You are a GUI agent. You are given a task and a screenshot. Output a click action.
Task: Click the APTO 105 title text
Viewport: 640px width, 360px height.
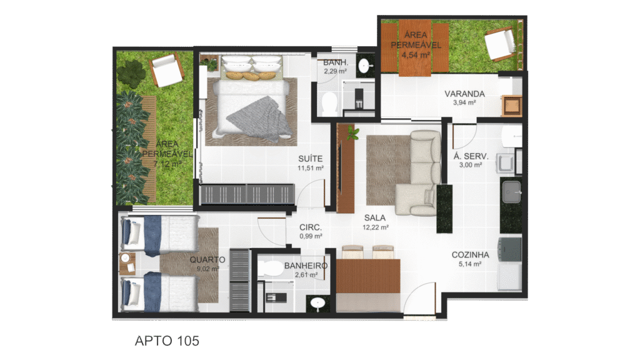tap(167, 341)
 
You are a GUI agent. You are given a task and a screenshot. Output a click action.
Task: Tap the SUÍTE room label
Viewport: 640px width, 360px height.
tap(310, 159)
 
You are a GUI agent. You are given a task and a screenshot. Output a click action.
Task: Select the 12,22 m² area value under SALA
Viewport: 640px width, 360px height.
tap(376, 227)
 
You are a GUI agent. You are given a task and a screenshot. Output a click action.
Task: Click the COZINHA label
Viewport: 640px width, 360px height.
tap(470, 255)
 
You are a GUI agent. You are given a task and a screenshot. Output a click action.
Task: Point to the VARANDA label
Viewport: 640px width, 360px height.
tap(464, 94)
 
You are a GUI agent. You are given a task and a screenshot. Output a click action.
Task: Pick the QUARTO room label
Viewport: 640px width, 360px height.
tap(207, 259)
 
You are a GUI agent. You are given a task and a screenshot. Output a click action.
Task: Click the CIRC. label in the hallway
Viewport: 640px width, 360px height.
tap(311, 227)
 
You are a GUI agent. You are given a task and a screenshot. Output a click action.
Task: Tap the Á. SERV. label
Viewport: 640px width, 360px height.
tap(471, 156)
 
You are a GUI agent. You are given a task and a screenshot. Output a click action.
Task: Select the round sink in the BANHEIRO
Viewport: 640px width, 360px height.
tap(317, 303)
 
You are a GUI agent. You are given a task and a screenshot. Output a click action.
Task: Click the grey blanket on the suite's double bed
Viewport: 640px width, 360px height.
tap(259, 118)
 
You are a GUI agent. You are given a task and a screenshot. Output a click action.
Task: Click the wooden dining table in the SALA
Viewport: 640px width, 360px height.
tap(368, 276)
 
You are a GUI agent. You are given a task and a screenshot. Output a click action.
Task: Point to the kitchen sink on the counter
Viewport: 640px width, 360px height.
tap(511, 192)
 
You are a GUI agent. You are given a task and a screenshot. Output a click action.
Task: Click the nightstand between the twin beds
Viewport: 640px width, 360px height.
tap(127, 263)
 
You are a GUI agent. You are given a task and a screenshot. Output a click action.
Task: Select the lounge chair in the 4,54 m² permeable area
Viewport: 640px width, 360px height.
tap(500, 44)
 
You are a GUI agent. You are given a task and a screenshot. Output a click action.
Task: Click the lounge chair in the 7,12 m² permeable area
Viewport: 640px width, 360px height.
tap(166, 70)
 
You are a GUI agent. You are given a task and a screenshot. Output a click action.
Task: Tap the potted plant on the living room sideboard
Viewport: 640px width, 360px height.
tap(352, 133)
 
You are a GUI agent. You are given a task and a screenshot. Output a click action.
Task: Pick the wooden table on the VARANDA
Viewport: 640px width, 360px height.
tap(512, 105)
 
